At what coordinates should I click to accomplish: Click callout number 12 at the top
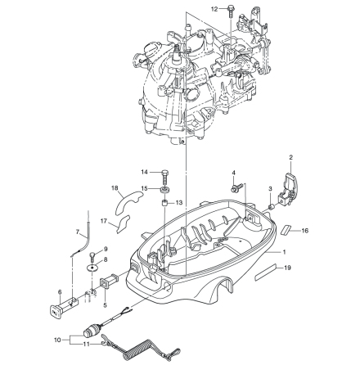pyautogui.click(x=214, y=9)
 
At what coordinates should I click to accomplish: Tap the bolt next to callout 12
pyautogui.click(x=231, y=11)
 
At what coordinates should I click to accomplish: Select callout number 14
pyautogui.click(x=144, y=172)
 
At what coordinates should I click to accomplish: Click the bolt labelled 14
pyautogui.click(x=164, y=177)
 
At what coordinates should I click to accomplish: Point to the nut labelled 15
pyautogui.click(x=165, y=190)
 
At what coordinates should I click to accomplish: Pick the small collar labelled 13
pyautogui.click(x=164, y=203)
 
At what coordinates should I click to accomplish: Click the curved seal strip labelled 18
pyautogui.click(x=128, y=201)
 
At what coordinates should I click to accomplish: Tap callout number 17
pyautogui.click(x=104, y=221)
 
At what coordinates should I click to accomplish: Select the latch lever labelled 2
pyautogui.click(x=289, y=186)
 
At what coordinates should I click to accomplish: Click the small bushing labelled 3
pyautogui.click(x=271, y=207)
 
